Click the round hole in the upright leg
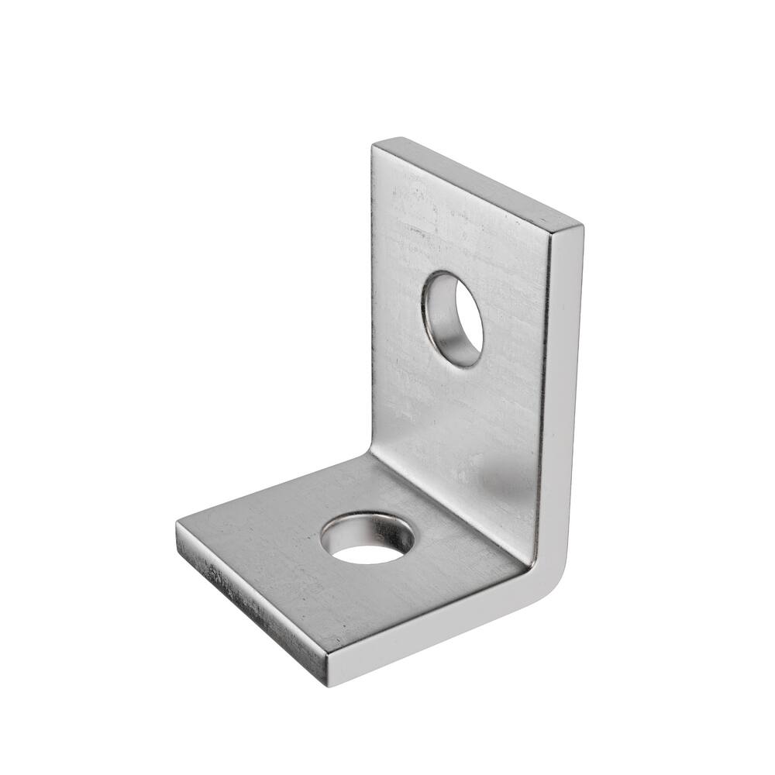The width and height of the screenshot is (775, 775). [454, 319]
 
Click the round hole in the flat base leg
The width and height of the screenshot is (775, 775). [367, 538]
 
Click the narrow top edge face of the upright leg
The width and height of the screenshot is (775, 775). [477, 182]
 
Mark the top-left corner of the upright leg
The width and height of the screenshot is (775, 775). [374, 143]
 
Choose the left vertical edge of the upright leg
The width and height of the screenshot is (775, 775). [373, 294]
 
